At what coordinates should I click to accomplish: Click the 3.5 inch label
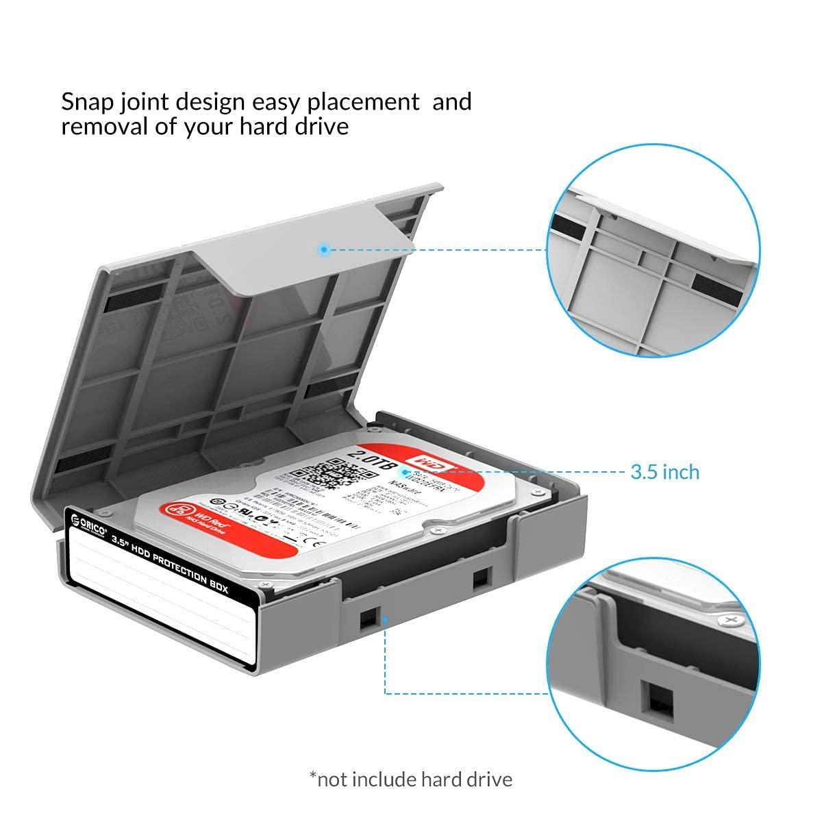tap(664, 472)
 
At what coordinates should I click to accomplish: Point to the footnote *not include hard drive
tap(410, 779)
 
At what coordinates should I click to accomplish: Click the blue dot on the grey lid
tap(325, 250)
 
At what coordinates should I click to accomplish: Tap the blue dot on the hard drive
tap(406, 472)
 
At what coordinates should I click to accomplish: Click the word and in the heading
tap(452, 103)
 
